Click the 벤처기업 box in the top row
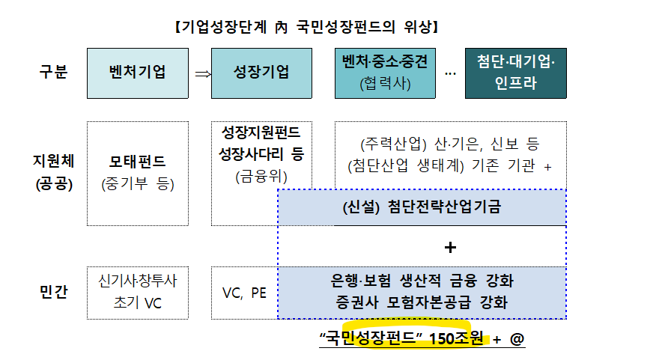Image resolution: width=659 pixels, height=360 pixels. click(x=137, y=73)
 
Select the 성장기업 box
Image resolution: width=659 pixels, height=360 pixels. click(x=261, y=73)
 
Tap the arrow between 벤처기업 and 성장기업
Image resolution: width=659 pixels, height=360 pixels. click(x=201, y=73)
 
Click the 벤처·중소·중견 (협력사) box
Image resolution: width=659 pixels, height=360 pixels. click(x=385, y=73)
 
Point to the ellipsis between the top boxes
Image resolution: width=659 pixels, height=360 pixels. click(x=450, y=73)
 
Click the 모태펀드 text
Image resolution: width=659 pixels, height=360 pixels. click(x=137, y=161)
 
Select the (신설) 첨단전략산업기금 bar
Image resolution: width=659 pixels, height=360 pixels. click(x=422, y=207)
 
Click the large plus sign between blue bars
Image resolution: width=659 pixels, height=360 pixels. click(x=450, y=247)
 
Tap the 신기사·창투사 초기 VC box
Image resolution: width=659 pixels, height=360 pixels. click(x=137, y=292)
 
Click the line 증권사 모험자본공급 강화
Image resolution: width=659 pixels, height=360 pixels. click(x=422, y=303)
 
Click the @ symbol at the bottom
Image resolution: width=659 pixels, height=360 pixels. click(x=517, y=339)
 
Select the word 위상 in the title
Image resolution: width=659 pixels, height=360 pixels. click(x=414, y=28)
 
